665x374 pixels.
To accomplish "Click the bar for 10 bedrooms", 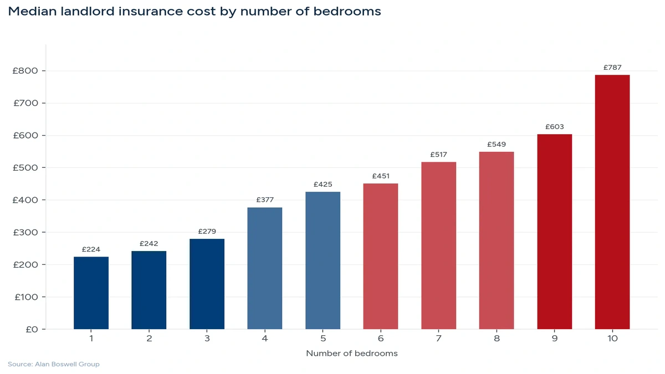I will coord(612,202).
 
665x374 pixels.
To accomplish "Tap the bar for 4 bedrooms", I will coord(264,268).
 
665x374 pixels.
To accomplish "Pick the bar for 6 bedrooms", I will coord(380,256).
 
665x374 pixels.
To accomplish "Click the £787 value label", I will coord(612,68).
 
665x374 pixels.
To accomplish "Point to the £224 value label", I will coord(91,249).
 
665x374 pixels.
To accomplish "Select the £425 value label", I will coord(323,185).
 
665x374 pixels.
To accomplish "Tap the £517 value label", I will coord(438,155).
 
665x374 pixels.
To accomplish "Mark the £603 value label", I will coord(554,127).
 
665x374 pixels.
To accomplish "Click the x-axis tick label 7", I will coord(438,338).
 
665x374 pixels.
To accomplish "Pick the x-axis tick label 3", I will coord(207,338).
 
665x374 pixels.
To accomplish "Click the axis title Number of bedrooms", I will coord(351,353).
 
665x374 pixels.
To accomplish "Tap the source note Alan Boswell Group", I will coord(54,364).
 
